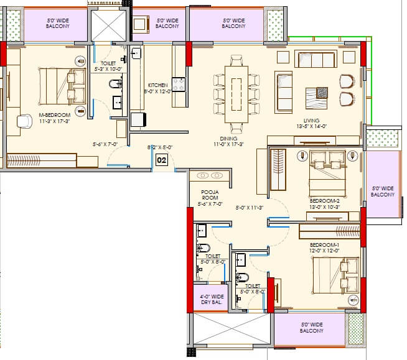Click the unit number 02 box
coord(162,160)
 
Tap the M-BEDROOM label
coord(55,115)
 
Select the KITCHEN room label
coord(157,85)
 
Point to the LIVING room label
coord(311,121)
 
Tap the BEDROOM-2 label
coord(324,201)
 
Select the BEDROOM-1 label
coord(324,245)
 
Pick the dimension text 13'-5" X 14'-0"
coord(311,126)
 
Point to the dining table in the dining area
coord(236,91)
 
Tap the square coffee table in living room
coord(322,93)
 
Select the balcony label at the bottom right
coord(311,328)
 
